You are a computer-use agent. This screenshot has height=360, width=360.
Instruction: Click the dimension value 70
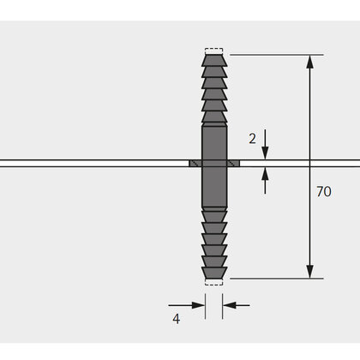click(322, 192)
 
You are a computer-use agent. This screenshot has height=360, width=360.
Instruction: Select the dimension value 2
click(251, 138)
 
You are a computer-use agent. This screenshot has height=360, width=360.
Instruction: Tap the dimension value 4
click(176, 319)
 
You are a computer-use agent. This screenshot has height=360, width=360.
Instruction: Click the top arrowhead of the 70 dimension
click(309, 62)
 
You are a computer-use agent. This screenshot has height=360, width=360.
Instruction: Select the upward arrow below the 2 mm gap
click(265, 174)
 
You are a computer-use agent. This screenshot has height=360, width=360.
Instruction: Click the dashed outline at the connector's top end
click(214, 51)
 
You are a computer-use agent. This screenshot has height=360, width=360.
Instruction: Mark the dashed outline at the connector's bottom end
click(214, 282)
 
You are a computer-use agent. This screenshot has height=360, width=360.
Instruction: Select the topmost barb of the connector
click(214, 62)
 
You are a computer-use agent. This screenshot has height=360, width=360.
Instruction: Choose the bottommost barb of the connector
click(214, 272)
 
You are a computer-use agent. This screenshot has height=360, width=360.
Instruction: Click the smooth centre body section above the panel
click(214, 141)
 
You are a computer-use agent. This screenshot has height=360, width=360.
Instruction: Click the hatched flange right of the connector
click(233, 162)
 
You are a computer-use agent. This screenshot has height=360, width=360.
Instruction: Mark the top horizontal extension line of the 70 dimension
click(274, 55)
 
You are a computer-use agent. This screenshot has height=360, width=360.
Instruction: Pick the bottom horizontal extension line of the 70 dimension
click(274, 278)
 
